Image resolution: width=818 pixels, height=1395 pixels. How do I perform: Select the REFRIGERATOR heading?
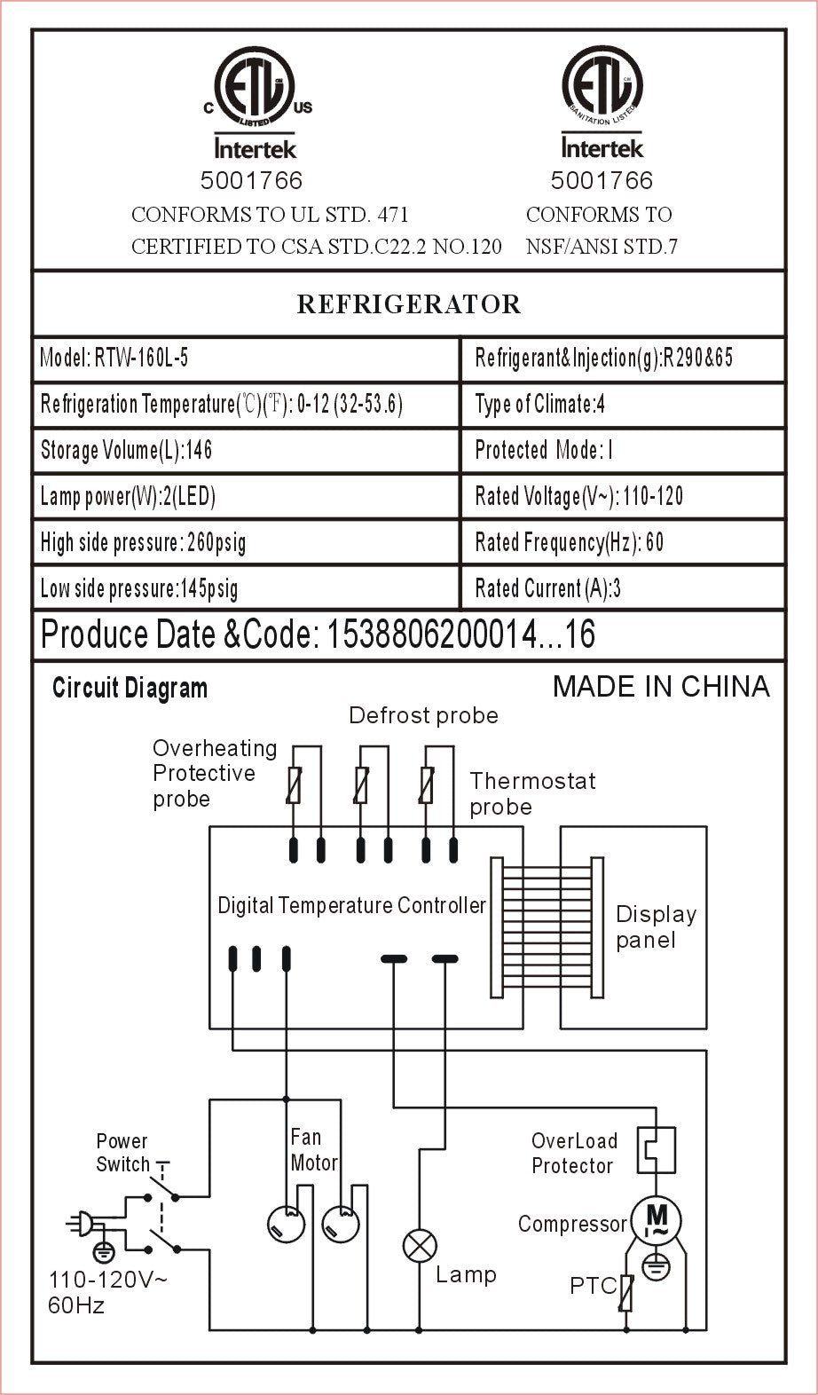pyautogui.click(x=408, y=304)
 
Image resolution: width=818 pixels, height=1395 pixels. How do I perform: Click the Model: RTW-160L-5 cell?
pyautogui.click(x=114, y=359)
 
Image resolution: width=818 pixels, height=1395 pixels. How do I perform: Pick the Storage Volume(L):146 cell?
pyautogui.click(x=127, y=451)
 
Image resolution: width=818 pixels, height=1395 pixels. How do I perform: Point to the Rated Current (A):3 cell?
pyautogui.click(x=547, y=588)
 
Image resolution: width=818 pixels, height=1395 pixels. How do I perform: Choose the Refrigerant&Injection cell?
pyautogui.click(x=604, y=359)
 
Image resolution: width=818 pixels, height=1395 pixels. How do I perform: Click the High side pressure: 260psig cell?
pyautogui.click(x=143, y=542)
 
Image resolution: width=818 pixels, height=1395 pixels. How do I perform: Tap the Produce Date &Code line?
pyautogui.click(x=318, y=634)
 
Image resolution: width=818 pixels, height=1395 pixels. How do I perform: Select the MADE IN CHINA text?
pyautogui.click(x=661, y=686)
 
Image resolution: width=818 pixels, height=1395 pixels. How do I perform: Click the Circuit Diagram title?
pyautogui.click(x=130, y=688)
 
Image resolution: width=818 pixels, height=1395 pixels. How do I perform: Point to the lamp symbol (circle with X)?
pyautogui.click(x=420, y=1246)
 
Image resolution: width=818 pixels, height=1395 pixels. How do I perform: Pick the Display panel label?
pyautogui.click(x=656, y=927)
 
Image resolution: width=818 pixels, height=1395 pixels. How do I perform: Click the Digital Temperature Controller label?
pyautogui.click(x=351, y=906)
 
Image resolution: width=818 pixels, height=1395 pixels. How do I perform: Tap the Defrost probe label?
pyautogui.click(x=423, y=715)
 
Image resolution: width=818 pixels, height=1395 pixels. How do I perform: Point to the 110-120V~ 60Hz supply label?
pyautogui.click(x=106, y=1292)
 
